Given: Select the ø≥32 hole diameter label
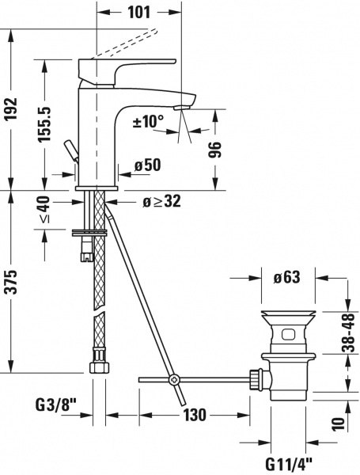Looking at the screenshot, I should [161, 201].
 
